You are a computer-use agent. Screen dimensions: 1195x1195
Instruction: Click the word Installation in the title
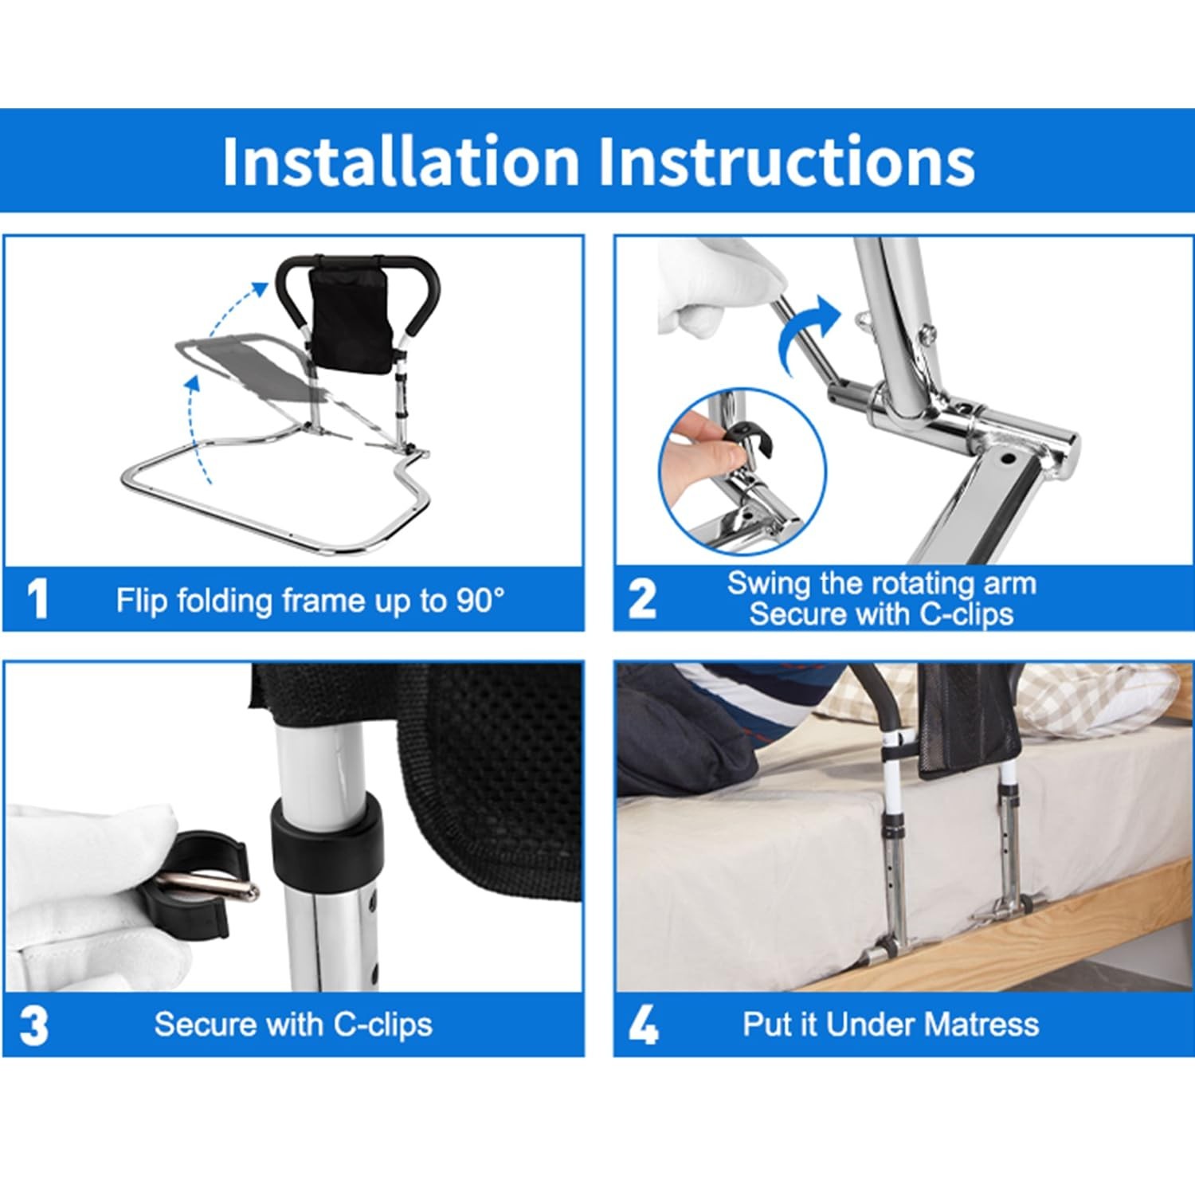click(400, 162)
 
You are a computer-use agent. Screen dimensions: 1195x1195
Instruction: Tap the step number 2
click(642, 599)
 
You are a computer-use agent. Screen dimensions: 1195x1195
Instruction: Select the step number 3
click(34, 1025)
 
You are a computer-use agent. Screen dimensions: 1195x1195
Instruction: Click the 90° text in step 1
click(480, 600)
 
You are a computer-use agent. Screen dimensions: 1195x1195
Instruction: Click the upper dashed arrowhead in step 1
click(260, 288)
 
